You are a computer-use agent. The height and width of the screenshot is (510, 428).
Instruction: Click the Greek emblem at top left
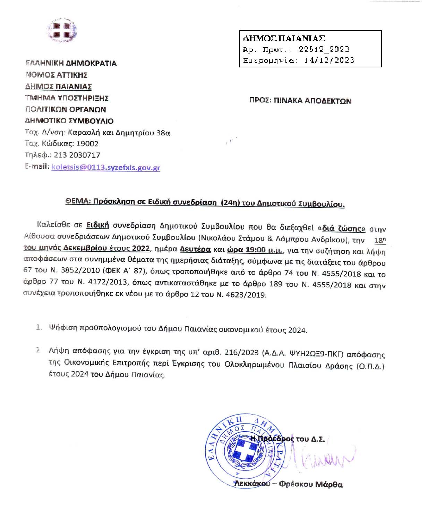pyautogui.click(x=63, y=31)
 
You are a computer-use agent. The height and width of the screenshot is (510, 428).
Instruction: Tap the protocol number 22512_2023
pyautogui.click(x=324, y=49)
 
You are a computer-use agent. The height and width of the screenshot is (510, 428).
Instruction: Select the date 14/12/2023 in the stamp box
pyautogui.click(x=329, y=60)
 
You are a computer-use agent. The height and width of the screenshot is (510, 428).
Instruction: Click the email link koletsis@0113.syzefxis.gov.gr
pyautogui.click(x=106, y=167)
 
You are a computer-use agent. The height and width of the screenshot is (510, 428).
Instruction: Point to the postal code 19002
pyautogui.click(x=87, y=144)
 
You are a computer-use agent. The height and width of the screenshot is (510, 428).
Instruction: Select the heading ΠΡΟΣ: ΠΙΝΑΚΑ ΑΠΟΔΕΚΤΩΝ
pyautogui.click(x=300, y=101)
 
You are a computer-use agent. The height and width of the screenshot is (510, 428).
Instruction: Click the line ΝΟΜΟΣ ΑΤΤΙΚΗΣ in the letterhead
pyautogui.click(x=56, y=75)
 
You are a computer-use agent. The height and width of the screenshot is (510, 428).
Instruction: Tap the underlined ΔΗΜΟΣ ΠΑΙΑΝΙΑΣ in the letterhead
pyautogui.click(x=58, y=86)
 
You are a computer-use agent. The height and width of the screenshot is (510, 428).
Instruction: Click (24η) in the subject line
pyautogui.click(x=230, y=203)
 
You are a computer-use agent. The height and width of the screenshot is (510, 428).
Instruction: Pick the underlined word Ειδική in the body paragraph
pyautogui.click(x=97, y=225)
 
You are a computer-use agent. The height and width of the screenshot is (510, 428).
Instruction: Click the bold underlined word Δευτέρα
pyautogui.click(x=195, y=249)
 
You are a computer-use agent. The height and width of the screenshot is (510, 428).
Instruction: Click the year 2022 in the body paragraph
pyautogui.click(x=141, y=249)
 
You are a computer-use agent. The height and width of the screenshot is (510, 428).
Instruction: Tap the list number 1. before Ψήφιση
pyautogui.click(x=39, y=327)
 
